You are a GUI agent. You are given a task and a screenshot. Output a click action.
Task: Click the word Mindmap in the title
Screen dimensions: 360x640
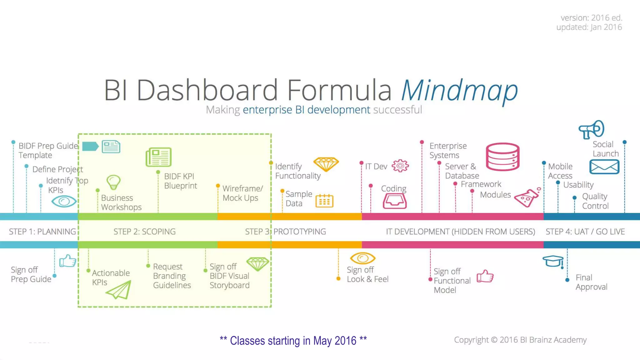tap(459, 91)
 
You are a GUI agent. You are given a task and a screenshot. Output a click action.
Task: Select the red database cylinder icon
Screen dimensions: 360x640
tap(502, 157)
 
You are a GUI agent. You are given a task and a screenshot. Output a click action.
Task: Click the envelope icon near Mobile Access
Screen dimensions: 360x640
tap(604, 167)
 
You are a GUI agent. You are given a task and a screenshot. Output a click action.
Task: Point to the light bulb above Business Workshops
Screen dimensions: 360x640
tap(113, 182)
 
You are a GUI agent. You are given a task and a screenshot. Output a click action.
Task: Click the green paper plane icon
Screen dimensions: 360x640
tap(119, 290)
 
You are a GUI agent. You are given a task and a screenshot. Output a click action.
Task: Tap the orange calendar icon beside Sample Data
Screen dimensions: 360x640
tap(324, 201)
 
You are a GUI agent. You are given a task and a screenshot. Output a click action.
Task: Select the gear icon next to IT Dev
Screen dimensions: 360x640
tap(400, 166)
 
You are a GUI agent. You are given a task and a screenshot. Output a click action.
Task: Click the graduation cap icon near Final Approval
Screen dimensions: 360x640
tap(553, 261)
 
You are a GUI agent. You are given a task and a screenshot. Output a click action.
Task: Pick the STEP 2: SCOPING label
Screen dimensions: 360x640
tap(144, 232)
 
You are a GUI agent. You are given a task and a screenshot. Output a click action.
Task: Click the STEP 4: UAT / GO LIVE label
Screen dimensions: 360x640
tap(585, 232)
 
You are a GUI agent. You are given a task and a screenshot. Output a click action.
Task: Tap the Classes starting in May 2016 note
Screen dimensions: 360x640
tap(293, 341)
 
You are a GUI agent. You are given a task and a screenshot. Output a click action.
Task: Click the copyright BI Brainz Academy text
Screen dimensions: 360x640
tap(520, 340)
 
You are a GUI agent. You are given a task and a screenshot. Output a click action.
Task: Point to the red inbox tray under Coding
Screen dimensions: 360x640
tap(395, 201)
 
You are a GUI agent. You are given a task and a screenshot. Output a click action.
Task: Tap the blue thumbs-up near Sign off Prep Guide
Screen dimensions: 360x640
tap(67, 261)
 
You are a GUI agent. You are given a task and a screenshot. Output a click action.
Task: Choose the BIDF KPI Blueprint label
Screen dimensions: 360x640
tap(180, 181)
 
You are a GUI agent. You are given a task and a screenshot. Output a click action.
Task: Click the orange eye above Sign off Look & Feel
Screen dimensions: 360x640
tap(362, 258)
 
